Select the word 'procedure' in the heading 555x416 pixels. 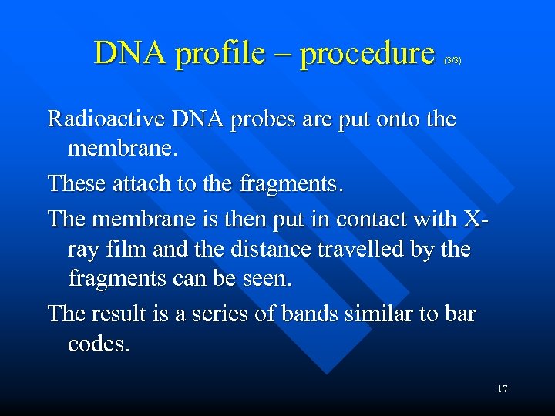[367, 54]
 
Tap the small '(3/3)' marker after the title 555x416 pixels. [452, 59]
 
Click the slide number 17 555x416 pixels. [503, 389]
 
